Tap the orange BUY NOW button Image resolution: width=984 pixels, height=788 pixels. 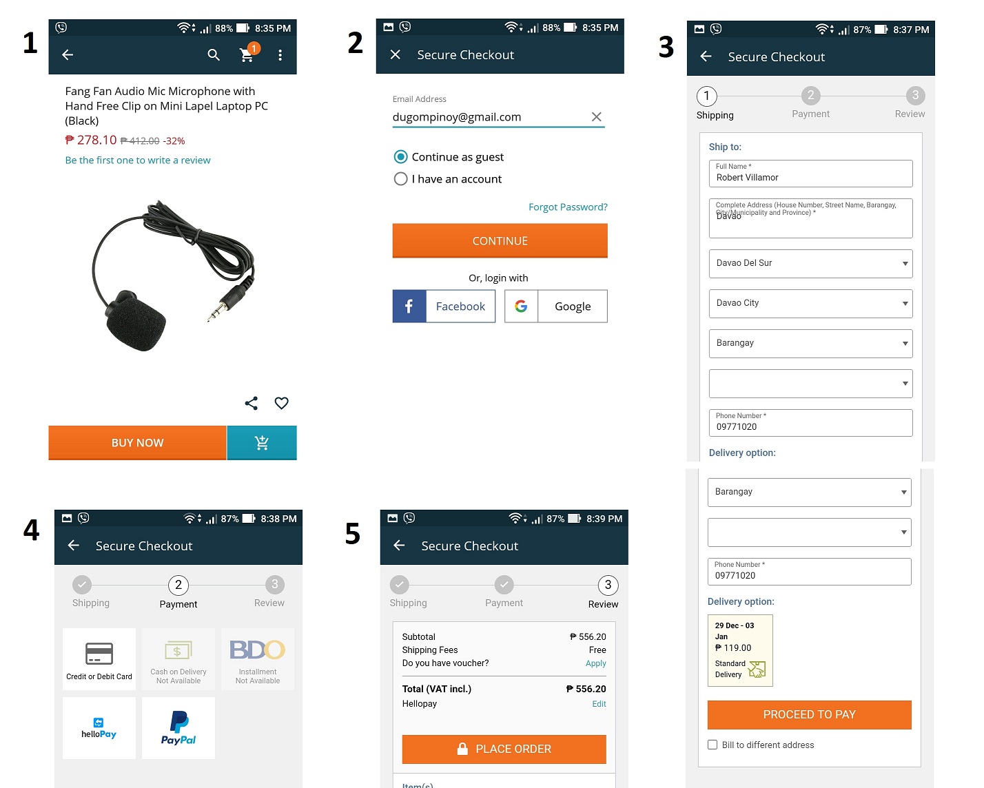click(137, 443)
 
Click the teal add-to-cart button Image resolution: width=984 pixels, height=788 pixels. click(262, 443)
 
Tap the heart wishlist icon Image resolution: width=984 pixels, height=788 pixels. click(281, 403)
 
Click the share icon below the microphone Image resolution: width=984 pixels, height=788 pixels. click(252, 403)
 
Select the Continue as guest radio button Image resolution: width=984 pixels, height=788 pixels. click(400, 157)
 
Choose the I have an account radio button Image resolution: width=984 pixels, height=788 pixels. click(400, 179)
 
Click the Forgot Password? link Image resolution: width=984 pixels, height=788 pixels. click(568, 207)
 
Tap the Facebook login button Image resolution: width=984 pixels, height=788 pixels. click(444, 307)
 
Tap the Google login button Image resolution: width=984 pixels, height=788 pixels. click(556, 307)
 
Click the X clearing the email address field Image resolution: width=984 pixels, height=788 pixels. click(597, 117)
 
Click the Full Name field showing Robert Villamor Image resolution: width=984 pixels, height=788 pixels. click(810, 174)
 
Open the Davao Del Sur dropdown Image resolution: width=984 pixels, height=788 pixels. click(810, 264)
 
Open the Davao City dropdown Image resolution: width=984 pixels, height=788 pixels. click(810, 304)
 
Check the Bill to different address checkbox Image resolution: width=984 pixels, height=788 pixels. click(713, 745)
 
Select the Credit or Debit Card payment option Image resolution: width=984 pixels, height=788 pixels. click(99, 659)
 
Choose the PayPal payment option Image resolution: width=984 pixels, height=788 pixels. click(178, 728)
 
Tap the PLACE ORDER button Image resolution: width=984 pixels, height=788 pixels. click(504, 749)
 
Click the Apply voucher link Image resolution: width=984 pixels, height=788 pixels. click(596, 664)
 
